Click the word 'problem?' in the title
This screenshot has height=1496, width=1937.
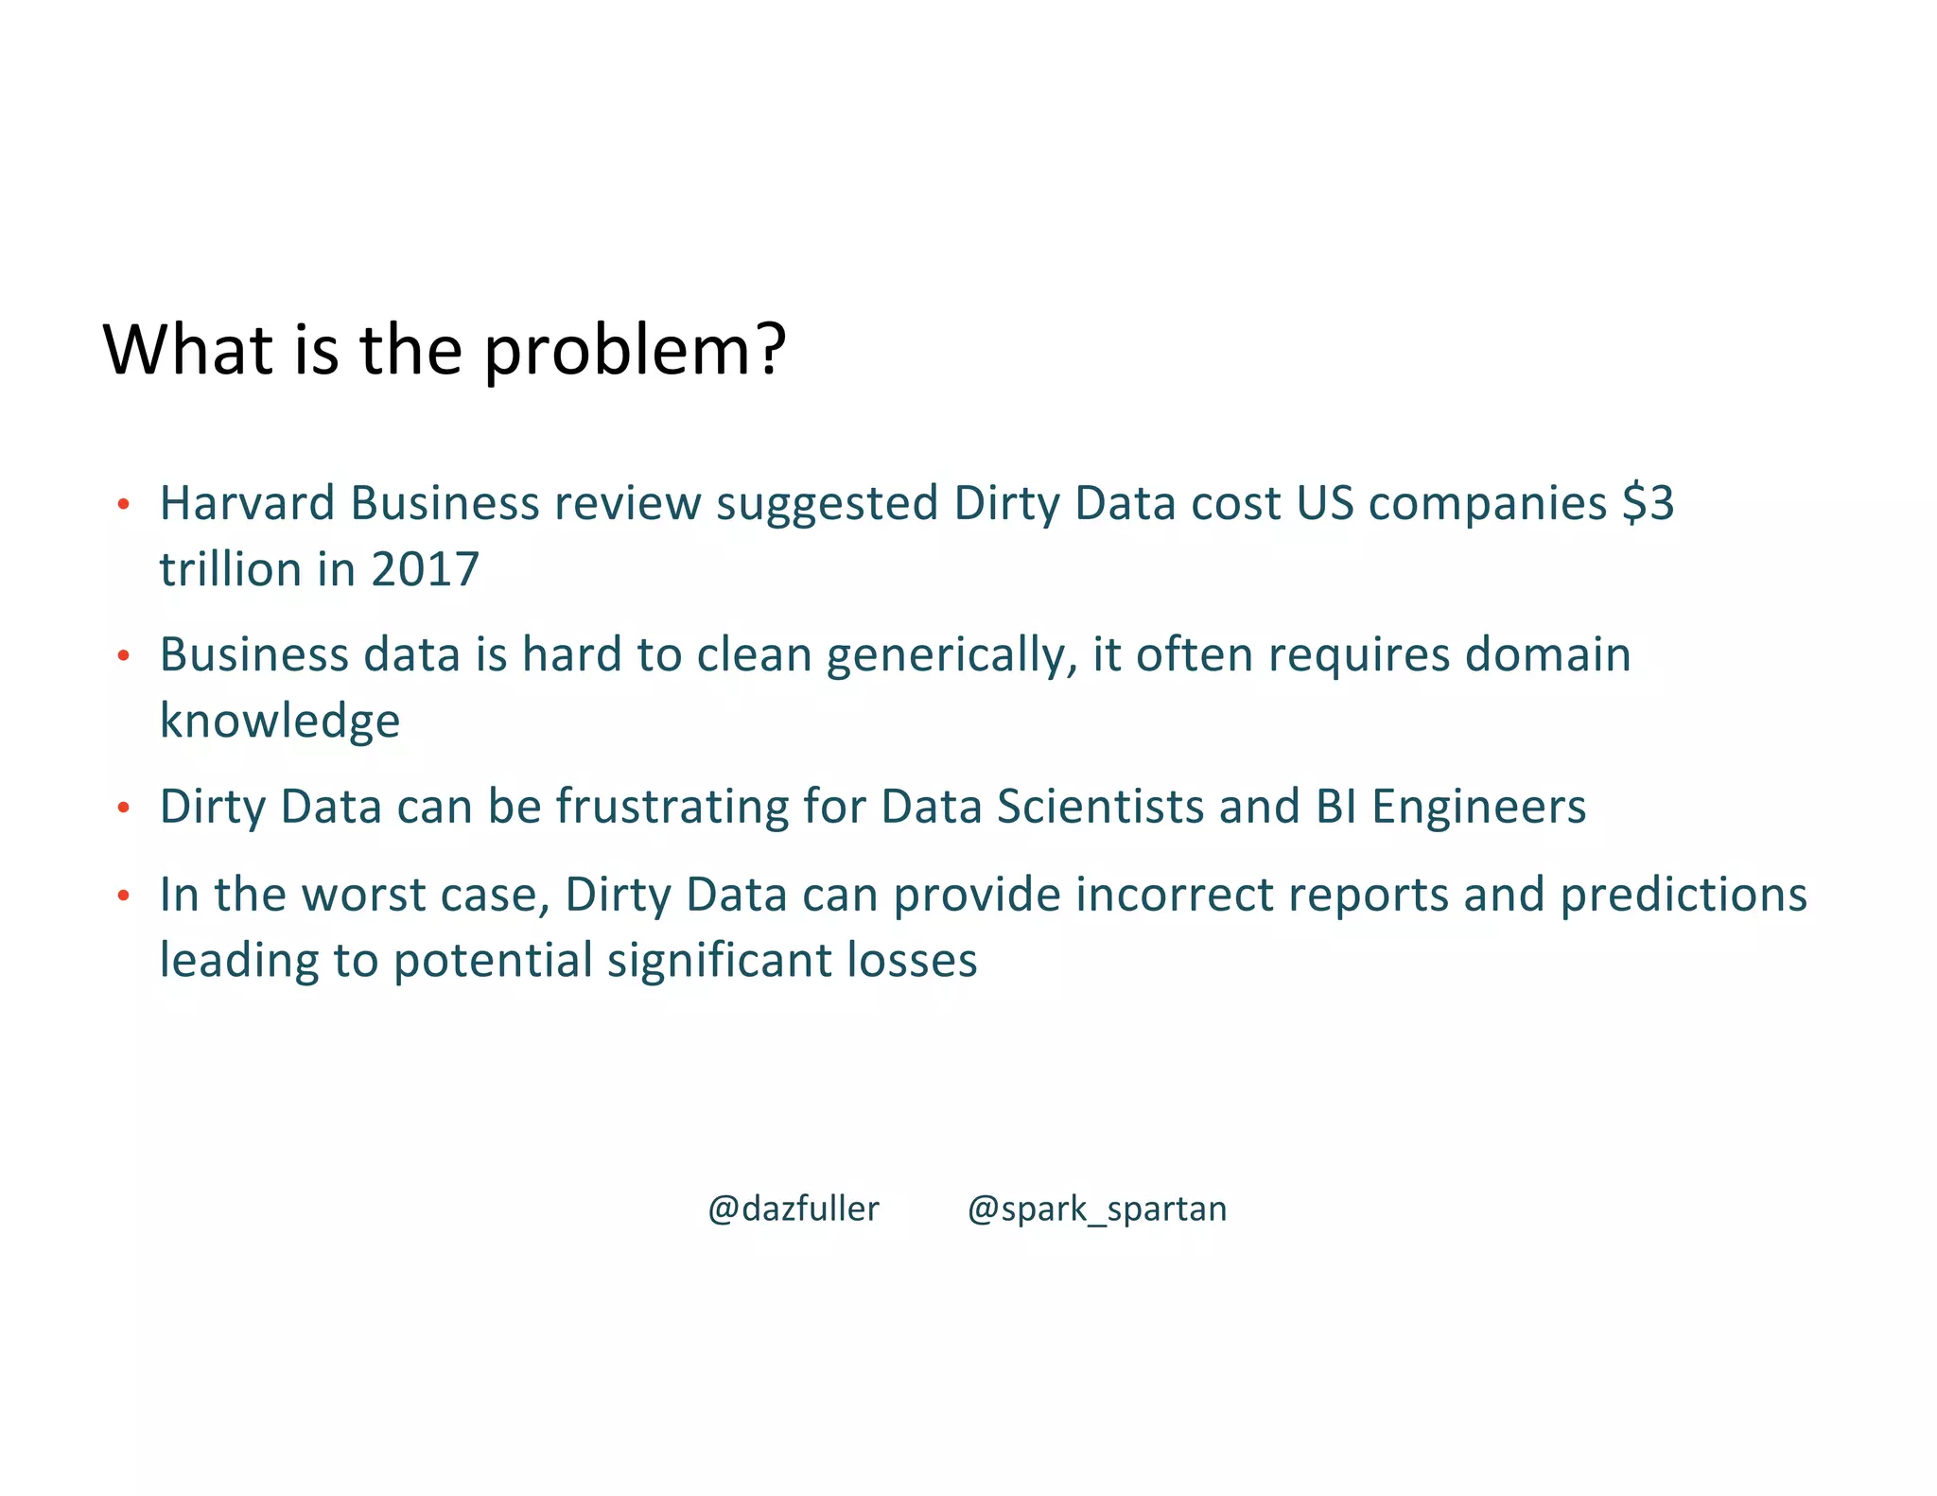(635, 352)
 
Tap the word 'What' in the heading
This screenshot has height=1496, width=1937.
(188, 350)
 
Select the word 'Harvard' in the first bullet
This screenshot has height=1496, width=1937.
(247, 503)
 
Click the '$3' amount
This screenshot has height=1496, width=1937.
(1648, 503)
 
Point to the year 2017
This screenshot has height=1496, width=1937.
(425, 570)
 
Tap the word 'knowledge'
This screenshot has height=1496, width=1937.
(280, 722)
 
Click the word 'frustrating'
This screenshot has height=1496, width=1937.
(672, 807)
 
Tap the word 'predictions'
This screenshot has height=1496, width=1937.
(1684, 895)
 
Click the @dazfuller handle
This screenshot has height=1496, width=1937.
(794, 1209)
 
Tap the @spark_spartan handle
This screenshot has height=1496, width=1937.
(1097, 1209)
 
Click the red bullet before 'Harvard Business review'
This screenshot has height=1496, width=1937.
(123, 504)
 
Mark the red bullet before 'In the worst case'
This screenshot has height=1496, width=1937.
(123, 896)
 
